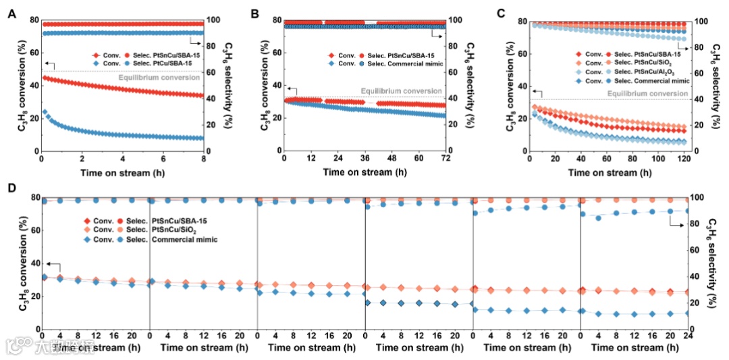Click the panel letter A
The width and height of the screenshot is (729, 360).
coord(11,13)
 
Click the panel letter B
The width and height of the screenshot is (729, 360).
coord(255,13)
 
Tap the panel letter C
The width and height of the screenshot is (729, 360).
coord(500,13)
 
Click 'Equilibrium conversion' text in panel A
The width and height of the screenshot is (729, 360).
coord(159,78)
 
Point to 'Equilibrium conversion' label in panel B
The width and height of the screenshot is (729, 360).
coord(401,91)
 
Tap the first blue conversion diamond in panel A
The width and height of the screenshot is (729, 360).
coord(45,112)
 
